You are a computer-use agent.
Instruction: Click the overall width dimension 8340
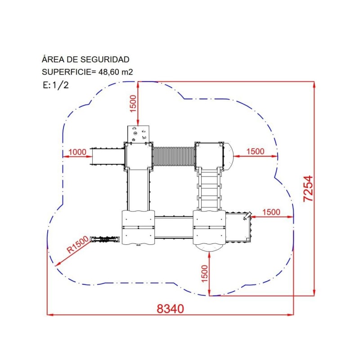(170, 309)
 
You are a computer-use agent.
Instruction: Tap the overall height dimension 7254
(308, 189)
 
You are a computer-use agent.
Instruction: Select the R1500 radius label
(77, 244)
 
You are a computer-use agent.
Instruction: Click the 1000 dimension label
(77, 152)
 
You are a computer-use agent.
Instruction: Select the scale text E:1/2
(56, 85)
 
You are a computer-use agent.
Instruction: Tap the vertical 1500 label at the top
(133, 104)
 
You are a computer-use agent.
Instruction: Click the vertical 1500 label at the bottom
(204, 274)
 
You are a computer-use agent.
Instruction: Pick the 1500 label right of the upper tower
(255, 151)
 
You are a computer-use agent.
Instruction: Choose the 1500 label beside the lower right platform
(271, 212)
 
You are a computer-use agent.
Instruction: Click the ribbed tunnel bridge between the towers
(173, 157)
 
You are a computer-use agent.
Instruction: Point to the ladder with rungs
(209, 189)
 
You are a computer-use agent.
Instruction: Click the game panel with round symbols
(138, 134)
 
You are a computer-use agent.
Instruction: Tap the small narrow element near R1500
(105, 239)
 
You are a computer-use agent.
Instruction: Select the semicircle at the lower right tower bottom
(209, 247)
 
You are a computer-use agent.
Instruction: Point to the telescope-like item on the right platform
(247, 216)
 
